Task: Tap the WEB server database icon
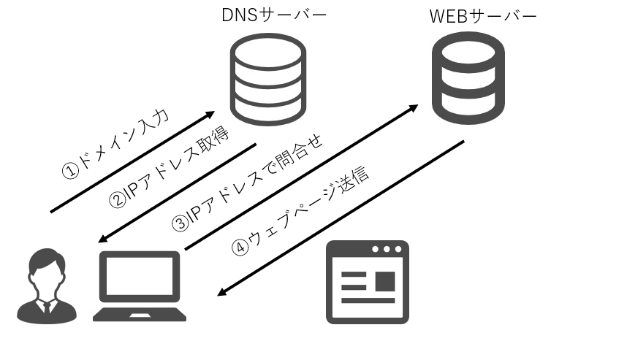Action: [x=468, y=77]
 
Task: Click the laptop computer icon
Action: [x=140, y=286]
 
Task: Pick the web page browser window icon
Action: [x=367, y=282]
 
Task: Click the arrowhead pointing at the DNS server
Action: [x=210, y=115]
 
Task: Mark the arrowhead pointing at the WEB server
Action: [x=413, y=108]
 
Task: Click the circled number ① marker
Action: [x=69, y=172]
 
